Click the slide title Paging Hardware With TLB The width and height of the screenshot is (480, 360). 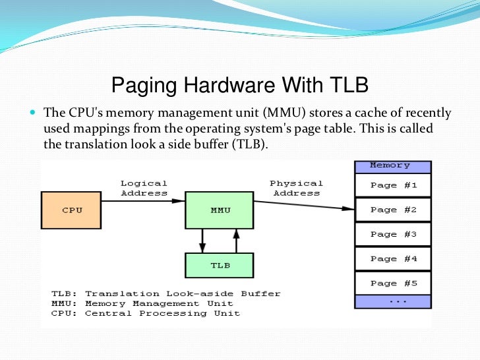[x=239, y=85]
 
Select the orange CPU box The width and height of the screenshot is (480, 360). [x=71, y=210]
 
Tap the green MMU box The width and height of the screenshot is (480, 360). [x=220, y=210]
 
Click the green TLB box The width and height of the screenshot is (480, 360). [x=220, y=265]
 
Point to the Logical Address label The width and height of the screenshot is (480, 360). [x=144, y=188]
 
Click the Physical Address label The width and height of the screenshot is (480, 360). [x=296, y=188]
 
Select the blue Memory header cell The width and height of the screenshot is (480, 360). [x=392, y=166]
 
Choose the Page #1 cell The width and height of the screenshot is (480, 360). [x=393, y=185]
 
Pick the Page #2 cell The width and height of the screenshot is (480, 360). [x=393, y=210]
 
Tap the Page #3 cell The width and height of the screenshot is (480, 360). [x=393, y=234]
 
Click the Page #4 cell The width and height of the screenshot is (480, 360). [x=393, y=258]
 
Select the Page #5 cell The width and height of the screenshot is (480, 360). [x=393, y=283]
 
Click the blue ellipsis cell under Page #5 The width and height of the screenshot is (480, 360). [x=393, y=301]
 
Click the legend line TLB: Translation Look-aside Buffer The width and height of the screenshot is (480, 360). [x=165, y=293]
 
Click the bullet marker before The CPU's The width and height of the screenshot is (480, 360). [x=32, y=113]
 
